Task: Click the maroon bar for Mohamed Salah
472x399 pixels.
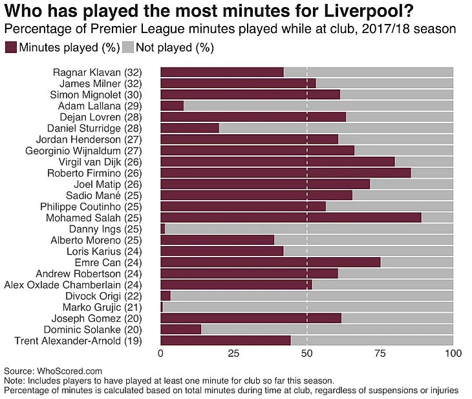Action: pyautogui.click(x=290, y=217)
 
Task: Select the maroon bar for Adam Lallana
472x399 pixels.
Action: pyautogui.click(x=172, y=105)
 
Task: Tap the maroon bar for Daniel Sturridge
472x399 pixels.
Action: pyautogui.click(x=189, y=128)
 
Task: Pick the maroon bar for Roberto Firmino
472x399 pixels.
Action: pyautogui.click(x=285, y=172)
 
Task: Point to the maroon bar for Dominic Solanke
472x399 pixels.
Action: pyautogui.click(x=180, y=329)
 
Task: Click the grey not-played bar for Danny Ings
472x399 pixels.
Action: pyautogui.click(x=309, y=229)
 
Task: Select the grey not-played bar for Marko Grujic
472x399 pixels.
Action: pyautogui.click(x=308, y=307)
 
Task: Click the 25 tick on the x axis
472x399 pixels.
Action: pyautogui.click(x=233, y=354)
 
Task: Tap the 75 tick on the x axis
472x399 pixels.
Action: pyautogui.click(x=380, y=354)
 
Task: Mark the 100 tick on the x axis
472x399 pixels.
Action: pyautogui.click(x=453, y=354)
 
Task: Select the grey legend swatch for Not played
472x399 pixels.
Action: pyautogui.click(x=128, y=47)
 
